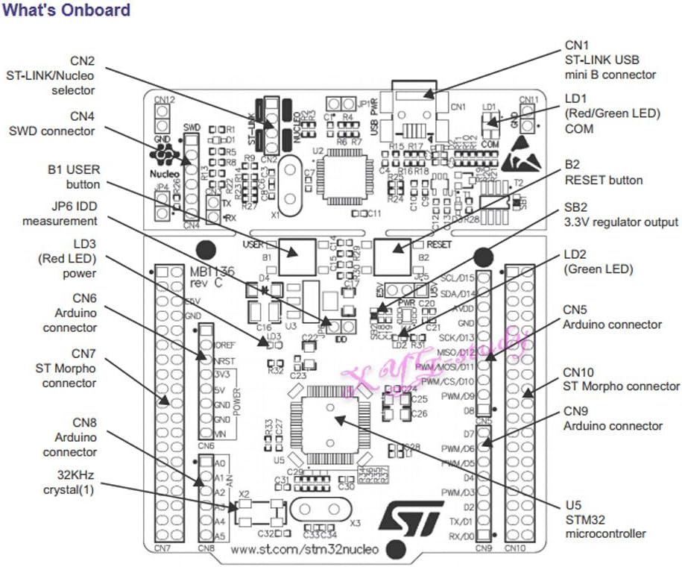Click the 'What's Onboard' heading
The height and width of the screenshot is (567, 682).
pyautogui.click(x=66, y=10)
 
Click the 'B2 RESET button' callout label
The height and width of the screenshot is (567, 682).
pyautogui.click(x=604, y=172)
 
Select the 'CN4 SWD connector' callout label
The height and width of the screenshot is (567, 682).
pyautogui.click(x=51, y=124)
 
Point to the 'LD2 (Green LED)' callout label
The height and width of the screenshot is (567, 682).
pyautogui.click(x=599, y=262)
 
